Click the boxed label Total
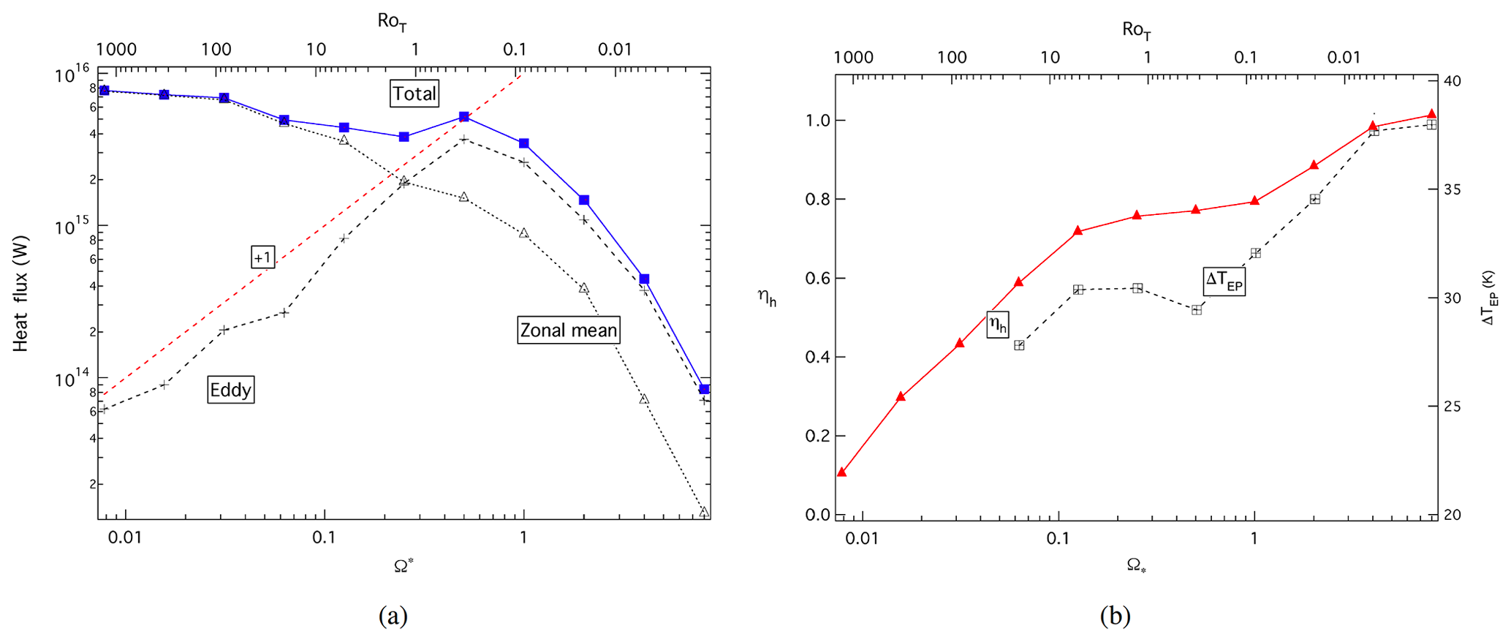click(x=414, y=94)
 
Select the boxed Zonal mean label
click(x=568, y=330)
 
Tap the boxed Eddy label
click(x=230, y=390)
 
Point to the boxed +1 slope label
click(x=262, y=257)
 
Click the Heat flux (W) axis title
click(x=20, y=293)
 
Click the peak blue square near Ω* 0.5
click(x=463, y=117)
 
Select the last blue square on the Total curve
click(x=704, y=389)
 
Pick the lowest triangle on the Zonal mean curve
click(x=704, y=512)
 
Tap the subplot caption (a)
click(x=393, y=616)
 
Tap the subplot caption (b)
click(x=1116, y=616)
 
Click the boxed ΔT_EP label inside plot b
click(x=1224, y=280)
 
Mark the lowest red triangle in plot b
click(x=841, y=472)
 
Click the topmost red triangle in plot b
click(x=1431, y=114)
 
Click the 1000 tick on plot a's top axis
click(x=117, y=50)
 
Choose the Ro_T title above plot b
click(x=1136, y=30)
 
